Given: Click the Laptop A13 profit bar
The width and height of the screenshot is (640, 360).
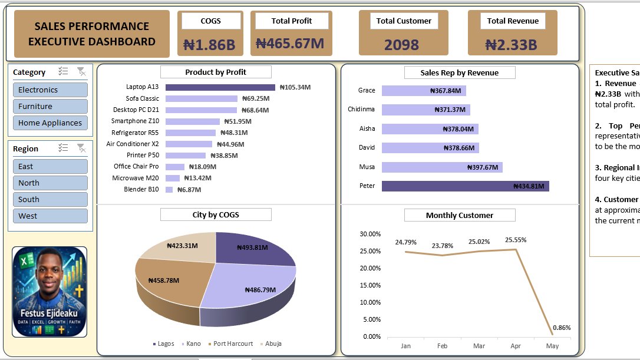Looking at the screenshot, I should [220, 87].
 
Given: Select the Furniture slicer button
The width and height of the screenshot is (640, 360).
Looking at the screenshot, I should [50, 107].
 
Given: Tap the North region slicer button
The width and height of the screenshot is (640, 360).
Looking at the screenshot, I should [50, 183].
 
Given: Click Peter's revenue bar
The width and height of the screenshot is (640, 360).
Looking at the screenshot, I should [465, 186].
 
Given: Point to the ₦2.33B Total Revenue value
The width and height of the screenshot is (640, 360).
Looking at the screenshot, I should [511, 45].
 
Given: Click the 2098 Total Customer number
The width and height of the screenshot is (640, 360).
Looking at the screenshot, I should [401, 45].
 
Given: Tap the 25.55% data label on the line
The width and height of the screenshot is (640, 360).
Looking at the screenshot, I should [516, 240].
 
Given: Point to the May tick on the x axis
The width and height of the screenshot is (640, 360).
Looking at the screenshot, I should [552, 346].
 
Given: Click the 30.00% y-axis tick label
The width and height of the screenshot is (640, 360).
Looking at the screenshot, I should [370, 235].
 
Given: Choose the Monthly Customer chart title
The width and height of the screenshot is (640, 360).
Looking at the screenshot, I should [460, 216].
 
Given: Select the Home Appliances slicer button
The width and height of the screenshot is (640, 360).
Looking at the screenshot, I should [50, 123].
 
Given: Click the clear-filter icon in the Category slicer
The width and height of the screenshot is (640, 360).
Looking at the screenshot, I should [81, 72].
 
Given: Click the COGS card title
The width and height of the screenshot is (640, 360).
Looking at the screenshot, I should [210, 21].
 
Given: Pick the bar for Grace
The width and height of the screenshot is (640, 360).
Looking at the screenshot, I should [424, 91].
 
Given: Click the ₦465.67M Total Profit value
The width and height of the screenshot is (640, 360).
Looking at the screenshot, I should [290, 44].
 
